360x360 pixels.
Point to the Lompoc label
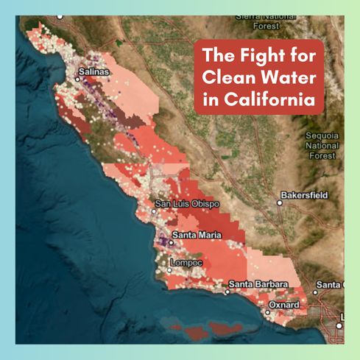coord(185,262)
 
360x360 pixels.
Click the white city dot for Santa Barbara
coord(228,291)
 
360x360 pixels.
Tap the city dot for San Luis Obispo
coord(153,211)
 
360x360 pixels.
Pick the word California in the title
coord(266,99)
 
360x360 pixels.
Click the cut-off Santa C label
coord(329,284)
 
